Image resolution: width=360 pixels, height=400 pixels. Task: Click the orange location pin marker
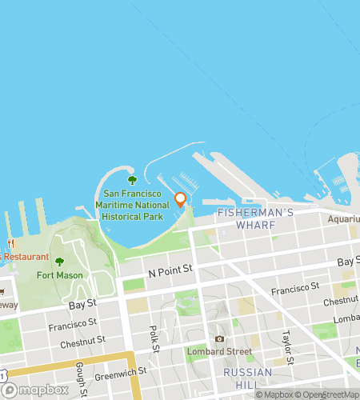180,199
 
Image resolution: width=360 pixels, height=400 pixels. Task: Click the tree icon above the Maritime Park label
132,180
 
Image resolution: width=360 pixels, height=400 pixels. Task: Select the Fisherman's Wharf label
246,218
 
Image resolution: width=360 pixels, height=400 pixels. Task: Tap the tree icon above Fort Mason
58,262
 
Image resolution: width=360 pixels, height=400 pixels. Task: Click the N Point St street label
171,274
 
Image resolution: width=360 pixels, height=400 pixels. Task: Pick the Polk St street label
154,338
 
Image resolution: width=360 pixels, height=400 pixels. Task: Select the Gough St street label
81,371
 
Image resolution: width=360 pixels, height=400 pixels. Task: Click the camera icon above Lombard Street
219,338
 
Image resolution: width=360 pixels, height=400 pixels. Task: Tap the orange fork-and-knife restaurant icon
10,242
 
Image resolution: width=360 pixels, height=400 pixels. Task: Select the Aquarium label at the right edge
344,218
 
